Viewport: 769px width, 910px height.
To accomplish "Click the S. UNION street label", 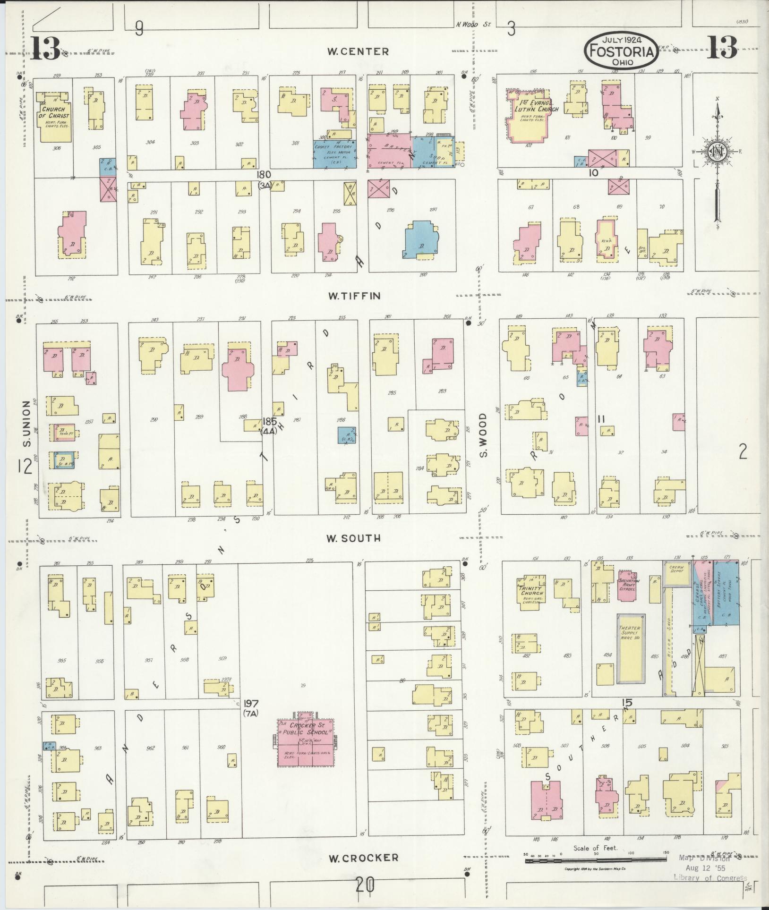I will point(26,424).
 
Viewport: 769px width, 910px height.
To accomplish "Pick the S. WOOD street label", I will point(483,435).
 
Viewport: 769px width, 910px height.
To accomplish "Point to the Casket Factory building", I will point(335,154).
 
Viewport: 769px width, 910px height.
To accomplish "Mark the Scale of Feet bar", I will point(595,861).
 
